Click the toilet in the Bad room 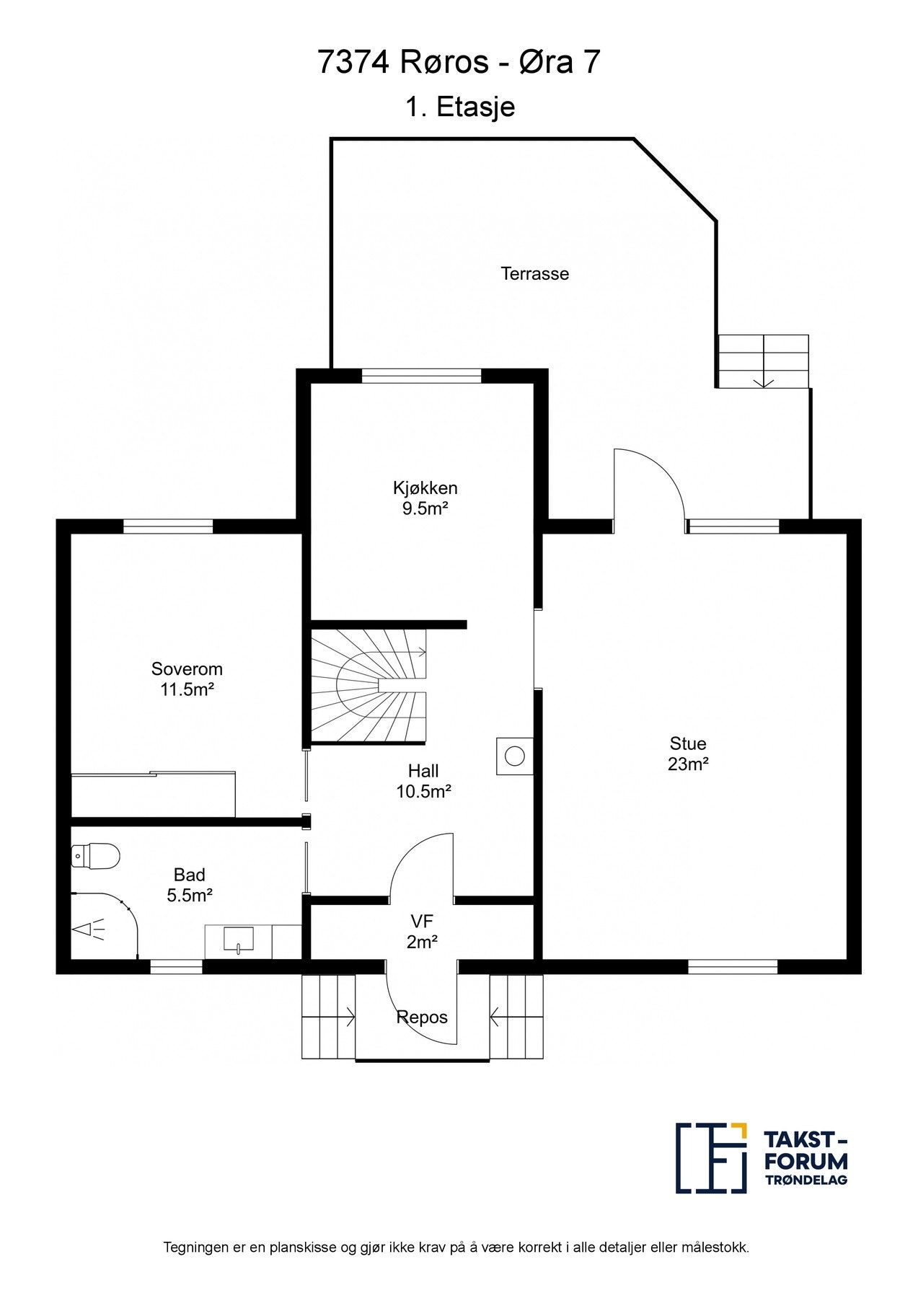95,855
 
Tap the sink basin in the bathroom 239,940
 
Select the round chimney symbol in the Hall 514,756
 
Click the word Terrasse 535,274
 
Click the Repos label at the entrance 422,1017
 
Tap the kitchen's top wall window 421,375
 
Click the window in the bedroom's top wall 168,526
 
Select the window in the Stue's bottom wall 733,966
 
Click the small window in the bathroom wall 176,966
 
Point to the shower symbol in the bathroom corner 88,930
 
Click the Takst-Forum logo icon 711,1157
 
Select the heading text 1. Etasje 460,107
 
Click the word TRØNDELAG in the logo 806,1180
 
